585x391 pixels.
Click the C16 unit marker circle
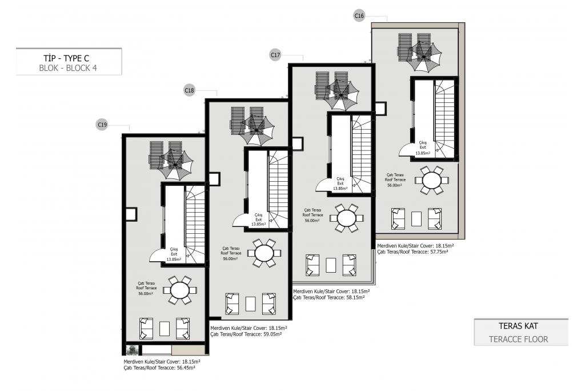point(359,15)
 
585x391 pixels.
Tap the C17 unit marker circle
point(275,55)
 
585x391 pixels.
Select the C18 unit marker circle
point(190,90)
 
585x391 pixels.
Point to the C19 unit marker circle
point(102,125)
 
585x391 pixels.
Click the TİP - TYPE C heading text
point(66,58)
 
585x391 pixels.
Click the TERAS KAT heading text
point(518,326)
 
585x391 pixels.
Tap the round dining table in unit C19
point(180,290)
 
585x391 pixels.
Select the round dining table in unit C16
point(432,181)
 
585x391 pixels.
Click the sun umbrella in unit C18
point(257,130)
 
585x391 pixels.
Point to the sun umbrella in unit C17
point(341,95)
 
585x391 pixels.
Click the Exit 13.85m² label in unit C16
point(423,148)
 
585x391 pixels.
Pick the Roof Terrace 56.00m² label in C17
point(312,216)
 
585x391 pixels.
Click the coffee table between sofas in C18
point(251,304)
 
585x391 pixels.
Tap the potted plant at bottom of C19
point(131,350)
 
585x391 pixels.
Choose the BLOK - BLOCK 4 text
point(68,69)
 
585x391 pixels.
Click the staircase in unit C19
point(195,225)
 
